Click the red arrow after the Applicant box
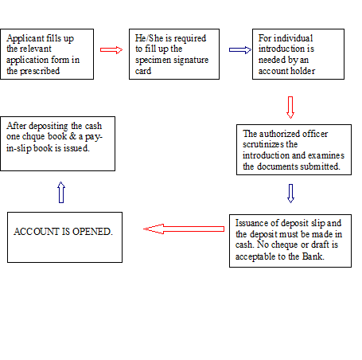click(x=111, y=49)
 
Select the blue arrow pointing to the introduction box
click(x=239, y=49)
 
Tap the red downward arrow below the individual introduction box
click(x=290, y=107)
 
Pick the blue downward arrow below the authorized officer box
click(x=290, y=193)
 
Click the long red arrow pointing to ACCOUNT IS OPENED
click(x=184, y=229)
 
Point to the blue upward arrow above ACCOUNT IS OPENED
click(x=61, y=191)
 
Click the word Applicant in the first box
click(x=24, y=37)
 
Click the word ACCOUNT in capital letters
click(x=35, y=231)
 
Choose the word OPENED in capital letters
click(x=91, y=231)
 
